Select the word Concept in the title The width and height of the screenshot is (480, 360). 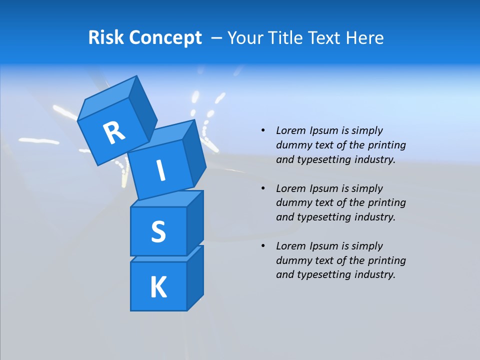[x=165, y=38]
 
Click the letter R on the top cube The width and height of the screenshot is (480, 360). [x=114, y=132]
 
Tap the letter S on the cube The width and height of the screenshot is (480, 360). [x=158, y=232]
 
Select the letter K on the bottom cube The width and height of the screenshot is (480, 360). [x=158, y=287]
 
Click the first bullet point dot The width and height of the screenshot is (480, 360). [x=263, y=130]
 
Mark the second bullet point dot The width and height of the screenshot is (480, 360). [x=263, y=188]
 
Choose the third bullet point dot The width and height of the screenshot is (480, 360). [x=263, y=246]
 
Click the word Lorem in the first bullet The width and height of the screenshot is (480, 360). [x=290, y=130]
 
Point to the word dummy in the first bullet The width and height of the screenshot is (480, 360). [x=292, y=145]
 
